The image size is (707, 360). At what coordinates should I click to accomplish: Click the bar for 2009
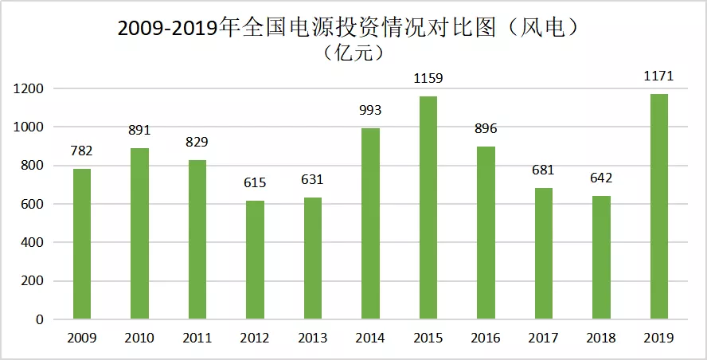(82, 244)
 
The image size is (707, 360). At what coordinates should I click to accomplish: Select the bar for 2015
(428, 208)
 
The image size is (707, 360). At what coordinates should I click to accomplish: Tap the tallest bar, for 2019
(660, 207)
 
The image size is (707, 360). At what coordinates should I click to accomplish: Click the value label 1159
(428, 78)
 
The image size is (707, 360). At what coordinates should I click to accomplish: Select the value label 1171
(659, 76)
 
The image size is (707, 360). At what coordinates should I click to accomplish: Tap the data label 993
(370, 111)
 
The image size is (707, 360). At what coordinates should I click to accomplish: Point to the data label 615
(255, 183)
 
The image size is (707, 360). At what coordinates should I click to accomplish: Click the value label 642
(602, 178)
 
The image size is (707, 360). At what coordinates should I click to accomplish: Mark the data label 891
(139, 130)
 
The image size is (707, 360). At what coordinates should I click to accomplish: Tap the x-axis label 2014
(370, 338)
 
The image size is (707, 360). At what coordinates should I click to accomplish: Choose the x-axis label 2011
(197, 338)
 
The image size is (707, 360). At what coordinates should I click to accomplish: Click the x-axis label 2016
(486, 338)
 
